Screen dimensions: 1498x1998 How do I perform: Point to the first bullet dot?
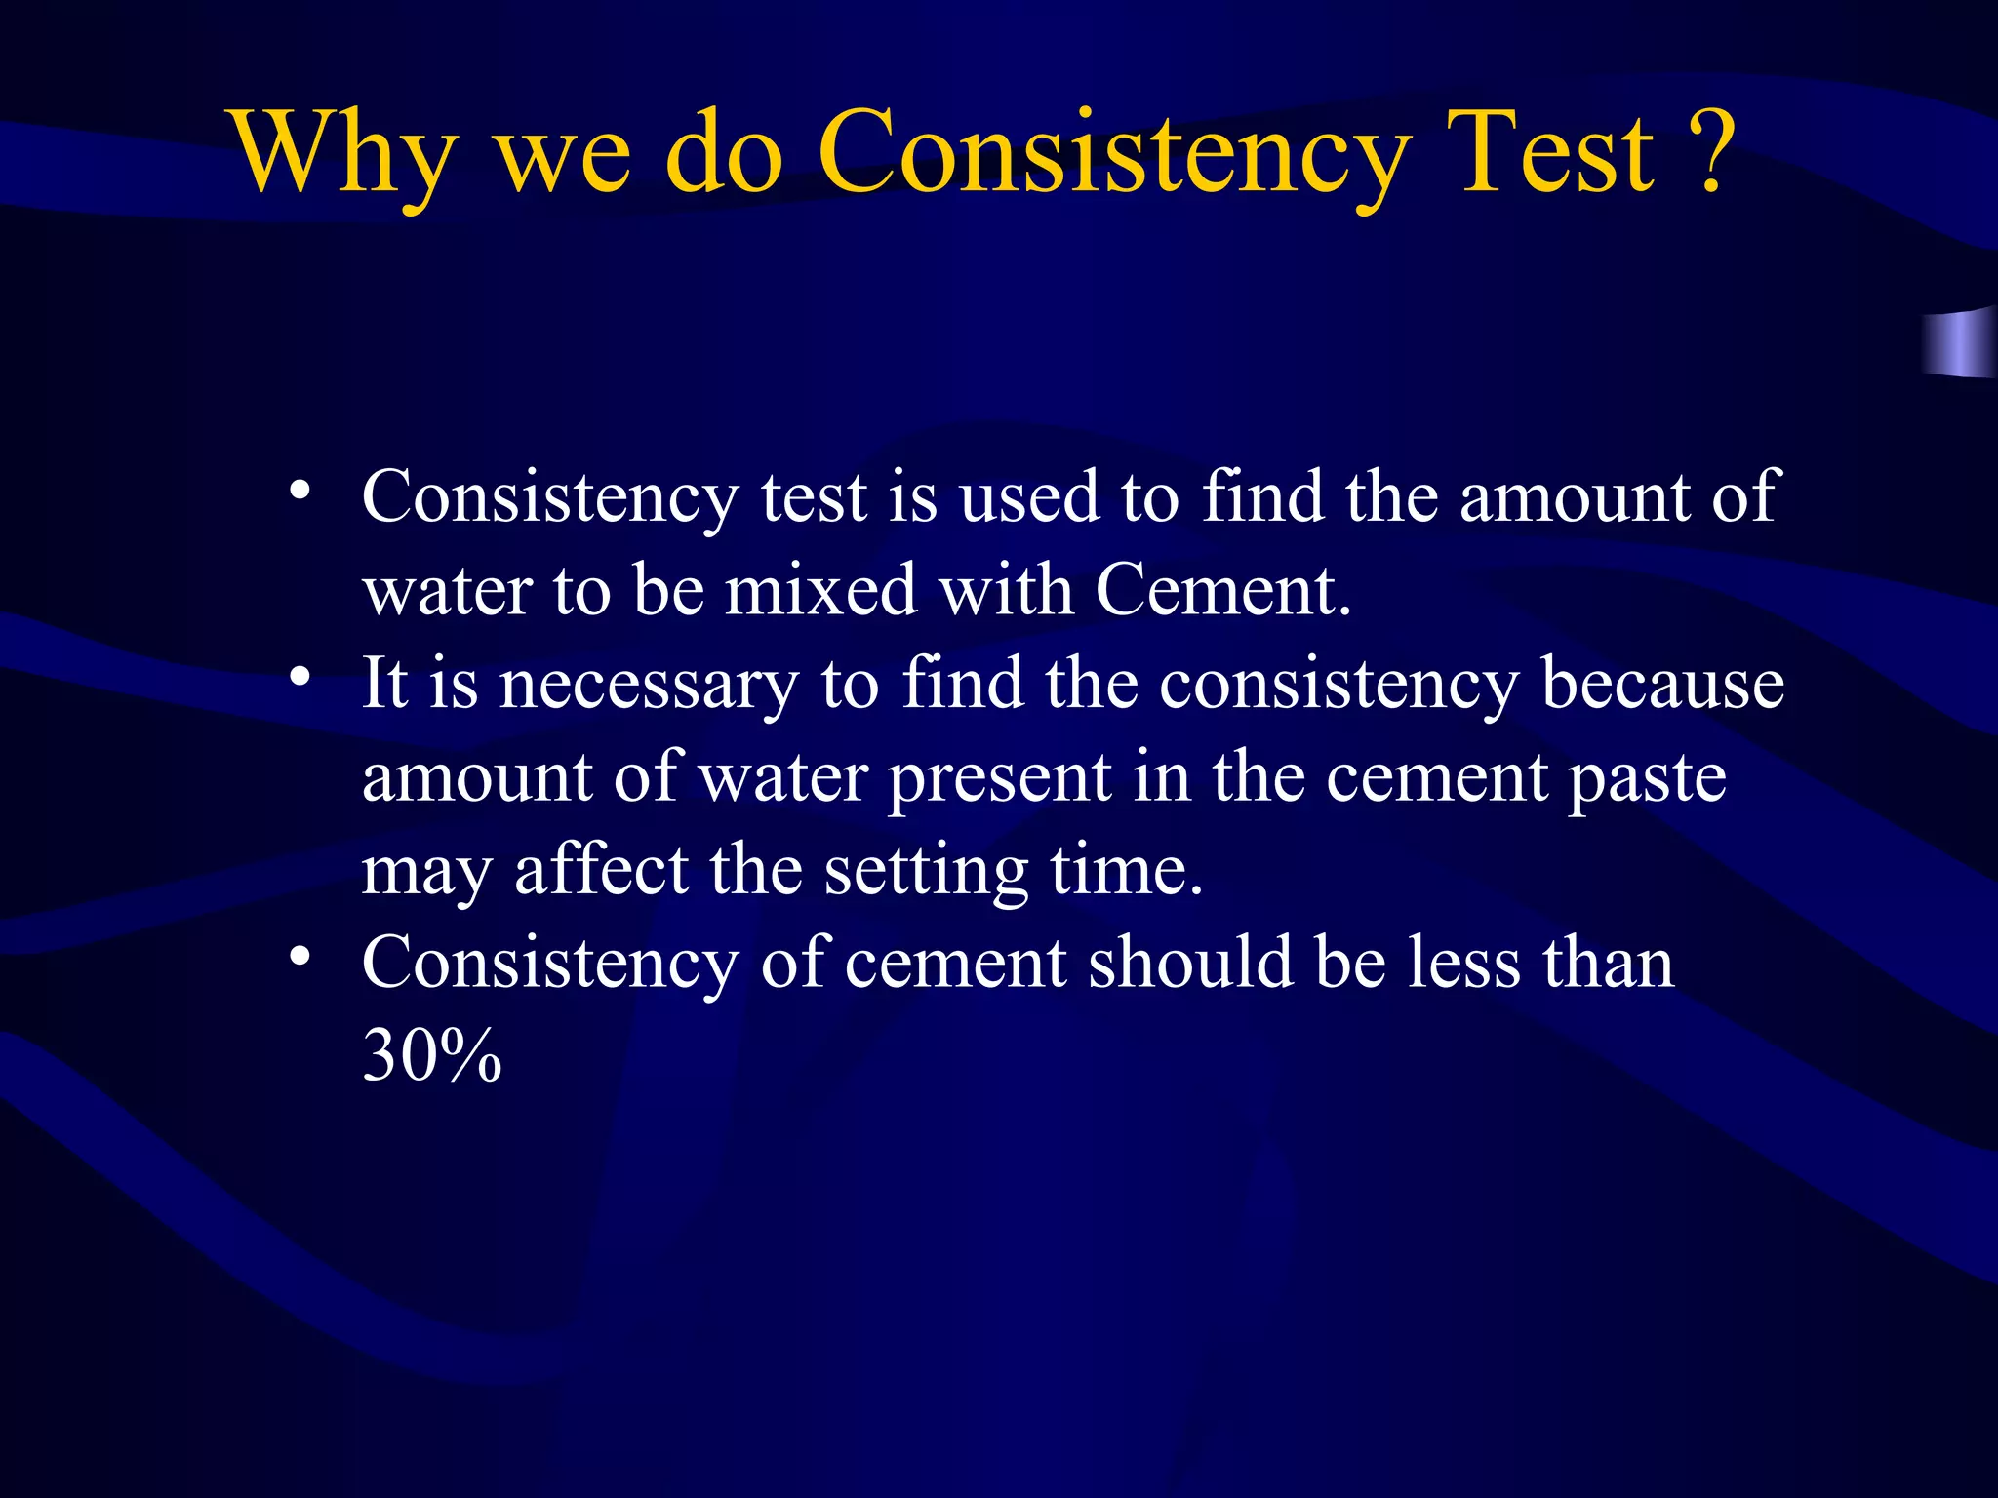[300, 489]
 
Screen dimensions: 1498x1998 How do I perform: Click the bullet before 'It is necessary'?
[300, 675]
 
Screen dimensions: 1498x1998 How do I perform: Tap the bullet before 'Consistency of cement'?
[300, 955]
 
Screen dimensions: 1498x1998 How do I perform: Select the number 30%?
[431, 1055]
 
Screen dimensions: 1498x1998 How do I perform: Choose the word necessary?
[648, 685]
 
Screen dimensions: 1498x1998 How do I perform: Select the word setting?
[926, 871]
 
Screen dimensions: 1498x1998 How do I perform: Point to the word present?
[999, 779]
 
